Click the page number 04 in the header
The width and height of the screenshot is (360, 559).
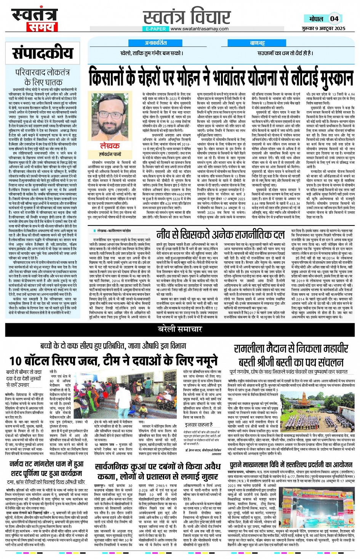click(334, 18)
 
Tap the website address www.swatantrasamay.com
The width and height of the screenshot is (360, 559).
click(200, 29)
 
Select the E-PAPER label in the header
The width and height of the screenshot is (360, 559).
click(156, 29)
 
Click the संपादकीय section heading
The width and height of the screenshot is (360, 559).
click(42, 53)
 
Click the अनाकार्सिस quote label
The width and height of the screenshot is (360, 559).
click(155, 43)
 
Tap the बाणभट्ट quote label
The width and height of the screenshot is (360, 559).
click(257, 43)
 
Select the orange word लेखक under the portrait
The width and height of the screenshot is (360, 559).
click(110, 146)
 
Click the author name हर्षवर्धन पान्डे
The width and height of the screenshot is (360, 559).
click(110, 154)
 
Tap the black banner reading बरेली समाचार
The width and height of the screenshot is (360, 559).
click(180, 329)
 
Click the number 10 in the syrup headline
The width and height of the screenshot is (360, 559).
click(16, 360)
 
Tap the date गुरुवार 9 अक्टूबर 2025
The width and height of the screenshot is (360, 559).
click(328, 29)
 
